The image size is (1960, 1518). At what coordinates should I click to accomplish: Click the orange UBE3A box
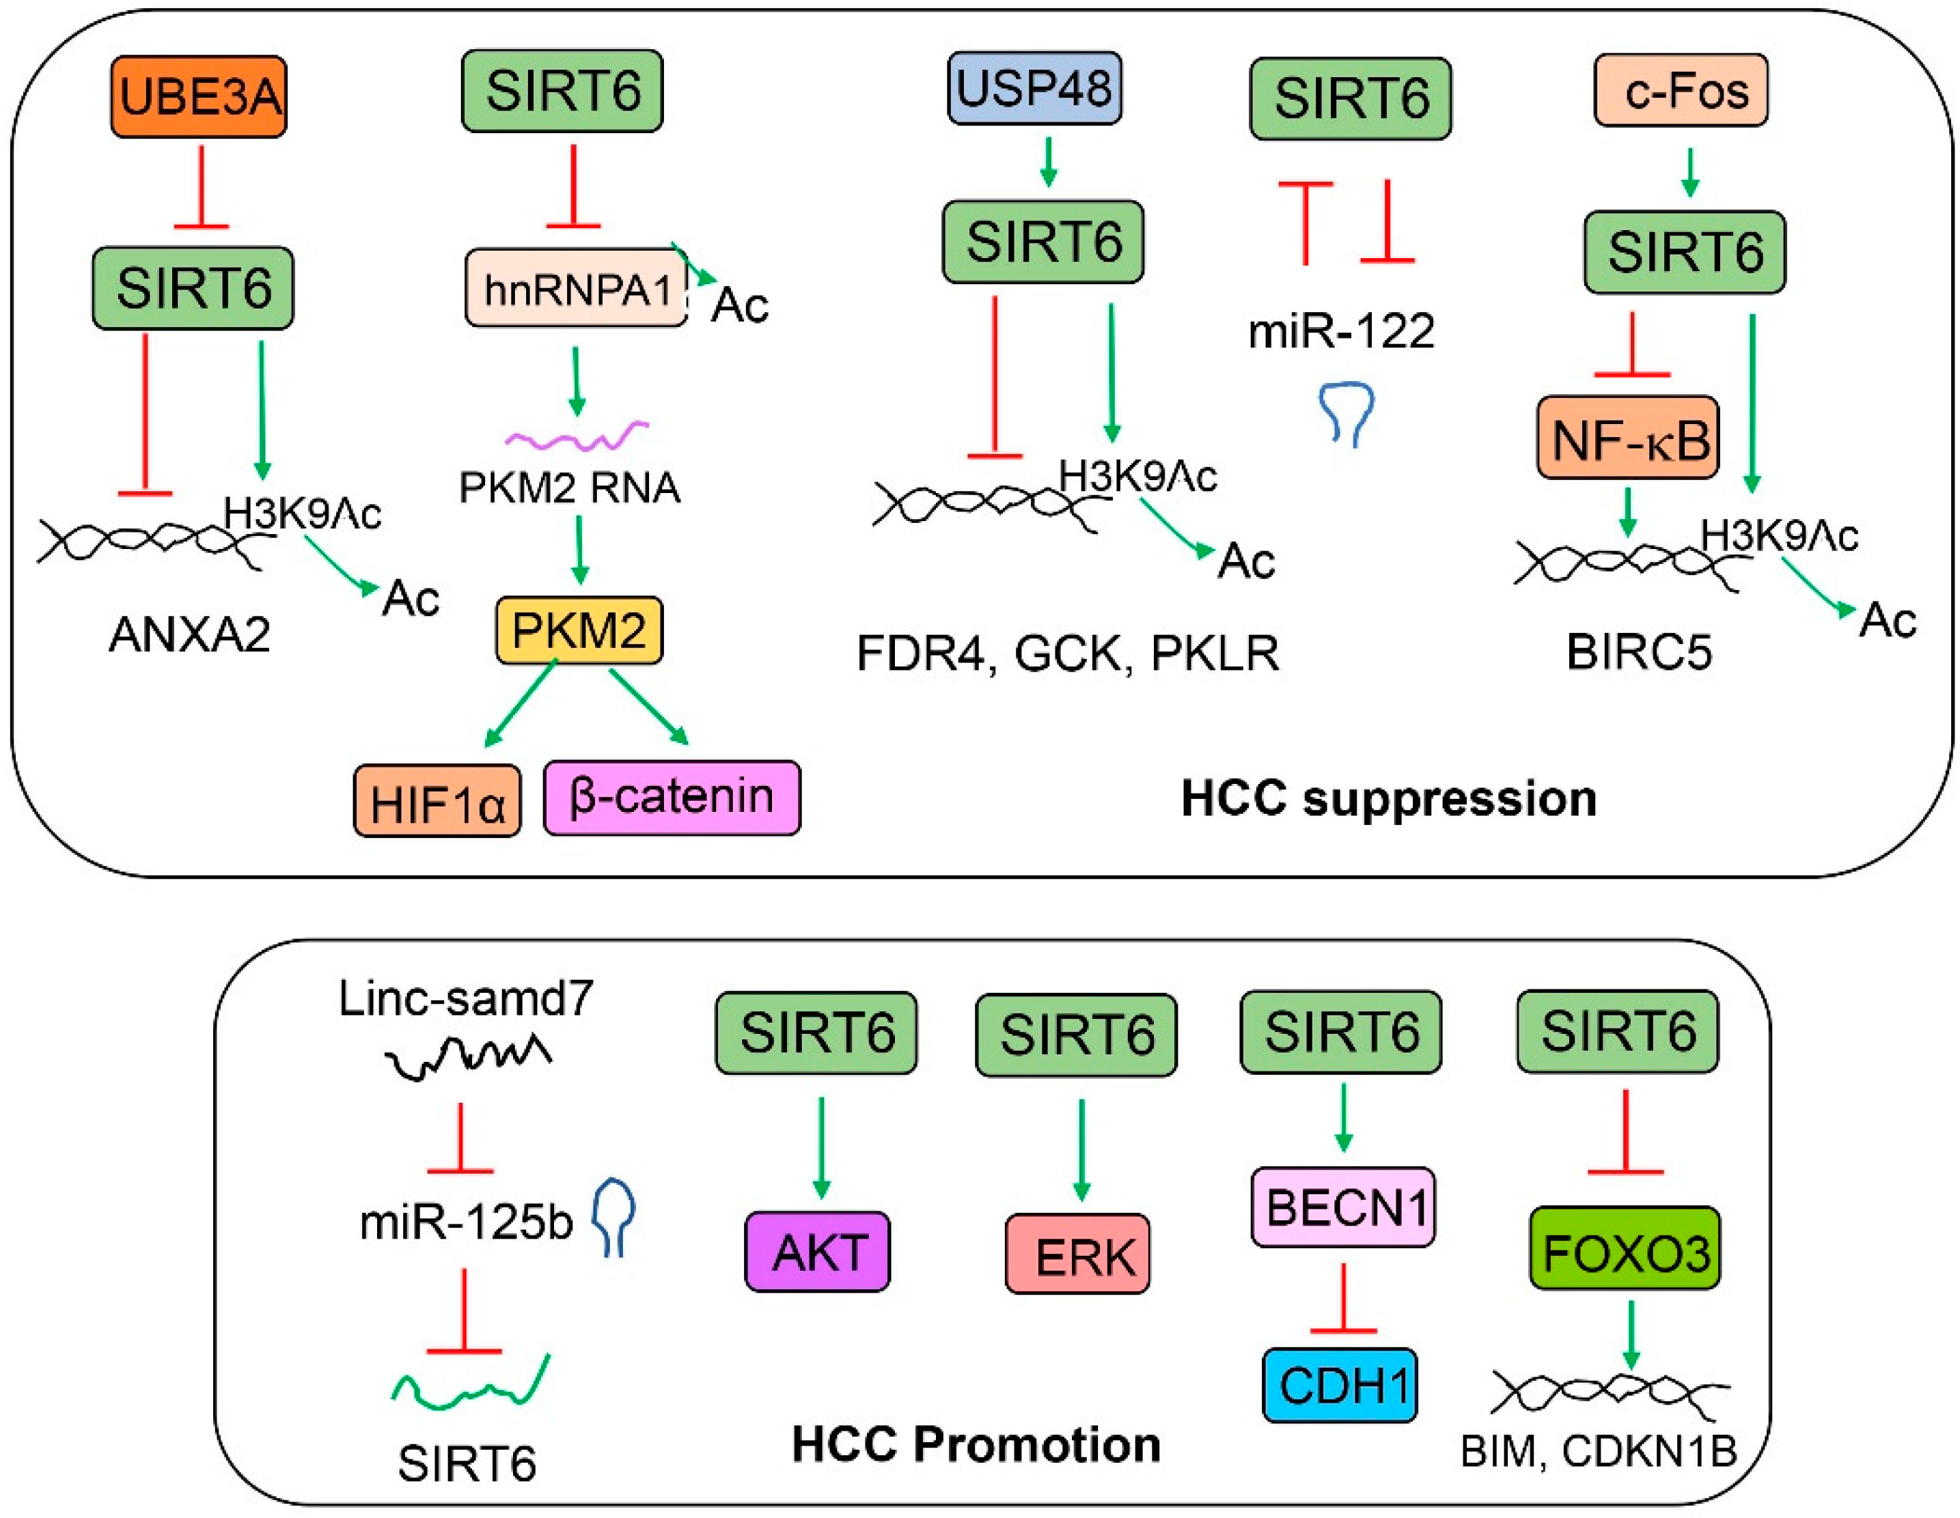[x=198, y=97]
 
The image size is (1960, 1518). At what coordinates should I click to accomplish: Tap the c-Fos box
[x=1680, y=91]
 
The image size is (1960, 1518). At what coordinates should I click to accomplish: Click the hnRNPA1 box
[x=576, y=289]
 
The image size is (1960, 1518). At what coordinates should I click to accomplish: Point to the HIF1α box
[x=437, y=801]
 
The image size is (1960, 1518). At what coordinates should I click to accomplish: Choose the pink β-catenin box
[x=672, y=798]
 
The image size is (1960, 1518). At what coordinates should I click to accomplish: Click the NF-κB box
[x=1628, y=438]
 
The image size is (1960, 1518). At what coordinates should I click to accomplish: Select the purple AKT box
[x=818, y=1252]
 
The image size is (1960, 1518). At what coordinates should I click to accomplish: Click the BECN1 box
[x=1342, y=1207]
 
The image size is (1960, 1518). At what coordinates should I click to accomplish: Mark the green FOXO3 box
[x=1625, y=1249]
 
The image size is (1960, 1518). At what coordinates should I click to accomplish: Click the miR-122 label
[x=1341, y=331]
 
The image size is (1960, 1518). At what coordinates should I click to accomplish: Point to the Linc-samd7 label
[x=466, y=998]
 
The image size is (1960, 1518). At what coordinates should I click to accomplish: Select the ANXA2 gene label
[x=189, y=635]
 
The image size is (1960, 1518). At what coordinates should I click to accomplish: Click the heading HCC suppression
[x=1388, y=798]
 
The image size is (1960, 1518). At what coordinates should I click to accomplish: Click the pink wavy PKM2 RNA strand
[x=577, y=436]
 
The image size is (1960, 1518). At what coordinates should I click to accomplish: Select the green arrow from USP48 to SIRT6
[x=1048, y=163]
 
